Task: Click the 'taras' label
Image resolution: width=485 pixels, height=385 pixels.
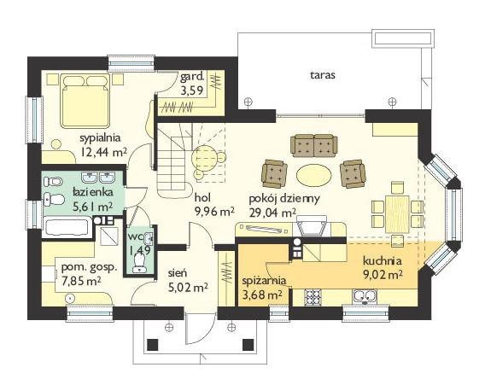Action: pos(323,75)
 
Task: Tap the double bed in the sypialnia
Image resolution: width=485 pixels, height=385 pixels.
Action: pos(85,100)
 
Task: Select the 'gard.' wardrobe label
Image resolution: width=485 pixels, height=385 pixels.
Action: pos(192,76)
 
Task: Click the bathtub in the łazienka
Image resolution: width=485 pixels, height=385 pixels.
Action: pos(67,227)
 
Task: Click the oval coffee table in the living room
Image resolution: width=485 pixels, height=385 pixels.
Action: pos(313,175)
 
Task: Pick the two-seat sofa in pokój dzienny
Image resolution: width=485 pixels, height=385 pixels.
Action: pos(314,145)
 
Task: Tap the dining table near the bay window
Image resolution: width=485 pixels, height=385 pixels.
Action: pos(397,213)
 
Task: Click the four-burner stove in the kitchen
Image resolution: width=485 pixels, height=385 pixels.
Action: pos(313,297)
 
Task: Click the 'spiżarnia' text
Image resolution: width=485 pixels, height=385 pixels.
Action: pos(264,281)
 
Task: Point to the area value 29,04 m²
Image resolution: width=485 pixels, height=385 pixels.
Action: pos(272,213)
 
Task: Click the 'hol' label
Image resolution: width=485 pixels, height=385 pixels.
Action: pos(202,197)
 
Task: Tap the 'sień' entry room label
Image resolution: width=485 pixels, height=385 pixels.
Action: pos(178,273)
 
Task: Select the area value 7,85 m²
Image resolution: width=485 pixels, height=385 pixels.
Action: pos(81,281)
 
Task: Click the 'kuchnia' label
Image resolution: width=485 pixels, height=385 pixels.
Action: pos(383,260)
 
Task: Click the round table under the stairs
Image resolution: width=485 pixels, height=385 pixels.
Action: pos(204,158)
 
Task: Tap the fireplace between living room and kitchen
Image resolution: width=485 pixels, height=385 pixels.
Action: pos(312,226)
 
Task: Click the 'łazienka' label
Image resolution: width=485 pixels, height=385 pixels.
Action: pos(92,192)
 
